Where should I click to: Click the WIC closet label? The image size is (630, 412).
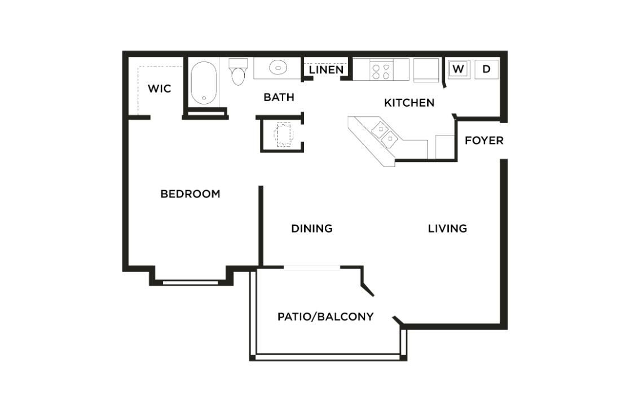(x=159, y=89)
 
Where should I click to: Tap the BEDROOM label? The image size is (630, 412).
(x=190, y=194)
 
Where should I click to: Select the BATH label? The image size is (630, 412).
(x=279, y=97)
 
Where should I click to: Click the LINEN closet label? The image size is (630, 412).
(x=326, y=70)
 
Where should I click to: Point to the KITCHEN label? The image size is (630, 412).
(x=409, y=103)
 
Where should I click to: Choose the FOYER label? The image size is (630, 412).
(x=484, y=140)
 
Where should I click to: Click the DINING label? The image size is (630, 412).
(x=311, y=229)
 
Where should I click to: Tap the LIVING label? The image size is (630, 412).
(x=447, y=229)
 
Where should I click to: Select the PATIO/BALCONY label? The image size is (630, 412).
(x=325, y=317)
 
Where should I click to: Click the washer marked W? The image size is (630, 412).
(x=459, y=69)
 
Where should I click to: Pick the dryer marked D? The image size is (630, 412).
(x=487, y=69)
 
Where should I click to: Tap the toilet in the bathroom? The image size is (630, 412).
(x=238, y=72)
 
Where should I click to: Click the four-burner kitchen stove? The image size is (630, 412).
(x=381, y=70)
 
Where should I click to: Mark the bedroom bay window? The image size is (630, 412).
(x=191, y=282)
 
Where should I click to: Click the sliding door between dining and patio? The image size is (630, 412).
(x=311, y=268)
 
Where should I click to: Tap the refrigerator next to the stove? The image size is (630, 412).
(x=426, y=70)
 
